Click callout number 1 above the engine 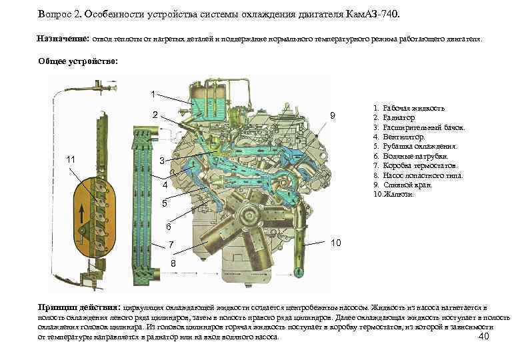[x=153, y=93]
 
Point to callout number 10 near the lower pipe [x=337, y=243]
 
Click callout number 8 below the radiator [x=173, y=265]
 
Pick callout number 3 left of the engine [x=162, y=162]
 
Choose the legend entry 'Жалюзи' [x=396, y=195]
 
